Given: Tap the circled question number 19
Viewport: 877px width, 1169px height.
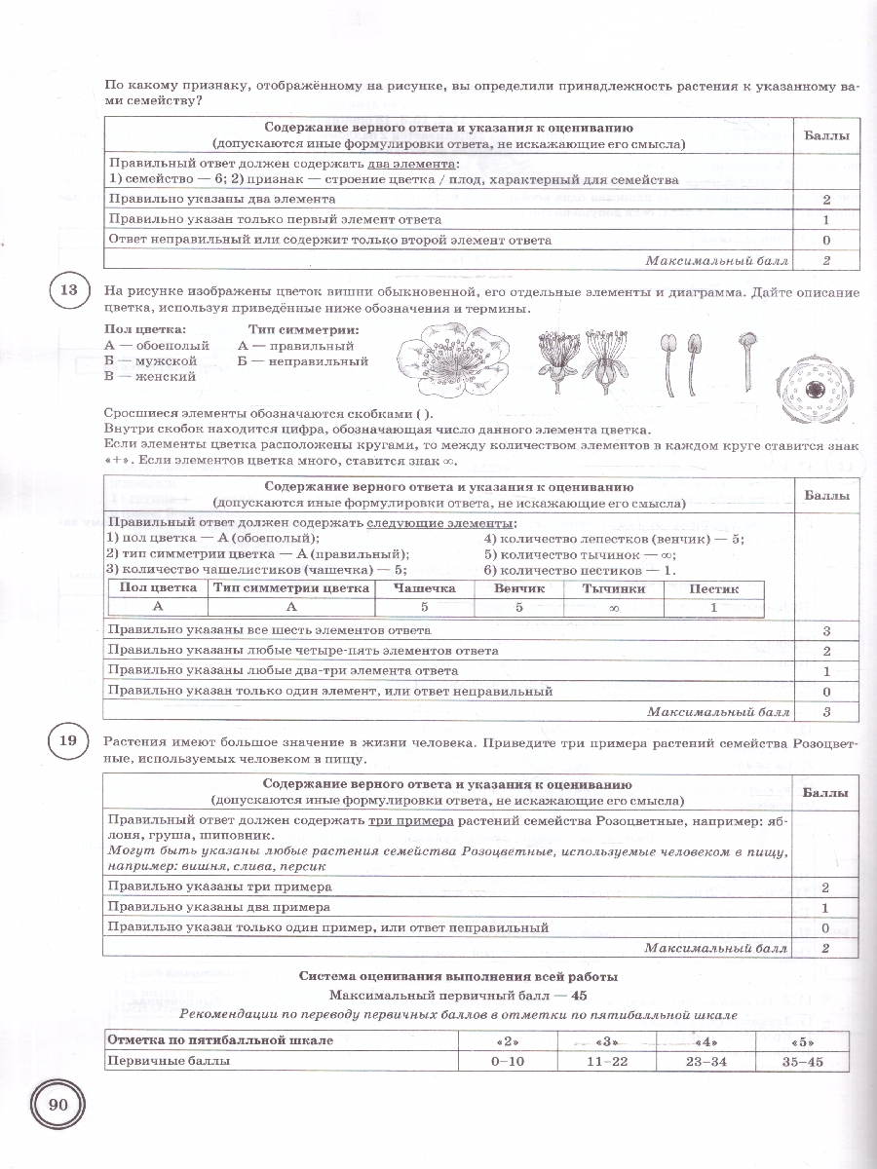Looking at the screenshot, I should [x=67, y=742].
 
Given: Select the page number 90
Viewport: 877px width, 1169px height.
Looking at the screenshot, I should [x=57, y=1105].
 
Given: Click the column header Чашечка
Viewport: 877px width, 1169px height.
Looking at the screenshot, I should [x=425, y=588].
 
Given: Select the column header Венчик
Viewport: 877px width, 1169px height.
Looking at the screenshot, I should [x=520, y=588].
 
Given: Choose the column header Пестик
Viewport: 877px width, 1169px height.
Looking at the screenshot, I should [x=713, y=588].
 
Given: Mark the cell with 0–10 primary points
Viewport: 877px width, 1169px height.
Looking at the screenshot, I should [x=508, y=1061].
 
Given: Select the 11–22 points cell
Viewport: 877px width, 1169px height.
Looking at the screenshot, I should [x=606, y=1061].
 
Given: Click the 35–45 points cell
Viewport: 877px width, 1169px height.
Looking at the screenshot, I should [x=803, y=1061].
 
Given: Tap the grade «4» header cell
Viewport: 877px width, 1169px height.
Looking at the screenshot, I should [x=705, y=1040].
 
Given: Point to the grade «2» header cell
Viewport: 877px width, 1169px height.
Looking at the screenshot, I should [x=508, y=1040].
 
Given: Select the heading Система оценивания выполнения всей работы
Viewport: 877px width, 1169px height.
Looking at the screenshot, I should [x=458, y=976].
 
